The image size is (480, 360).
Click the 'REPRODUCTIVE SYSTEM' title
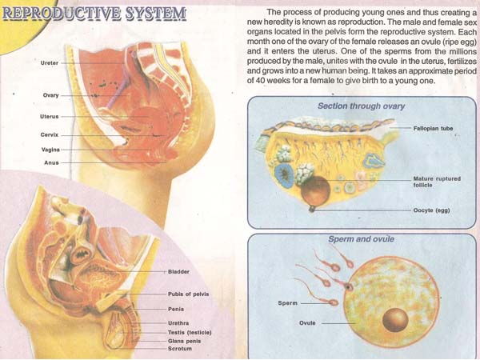coord(94,14)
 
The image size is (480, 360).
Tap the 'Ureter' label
coord(49,62)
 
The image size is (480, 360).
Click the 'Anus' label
coord(50,162)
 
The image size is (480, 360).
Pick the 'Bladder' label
coord(178,272)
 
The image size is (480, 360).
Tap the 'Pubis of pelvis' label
coord(188,294)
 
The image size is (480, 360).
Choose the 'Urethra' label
coord(178,323)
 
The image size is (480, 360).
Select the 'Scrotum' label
coord(179,348)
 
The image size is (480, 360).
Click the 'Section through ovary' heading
coord(361,106)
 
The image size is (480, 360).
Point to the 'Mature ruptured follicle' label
coord(436,182)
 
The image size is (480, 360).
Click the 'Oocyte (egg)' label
coord(433,212)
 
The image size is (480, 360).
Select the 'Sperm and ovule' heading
coord(361,238)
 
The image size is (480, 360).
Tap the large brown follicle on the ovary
coord(314,190)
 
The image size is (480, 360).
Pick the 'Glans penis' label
coord(185,340)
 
